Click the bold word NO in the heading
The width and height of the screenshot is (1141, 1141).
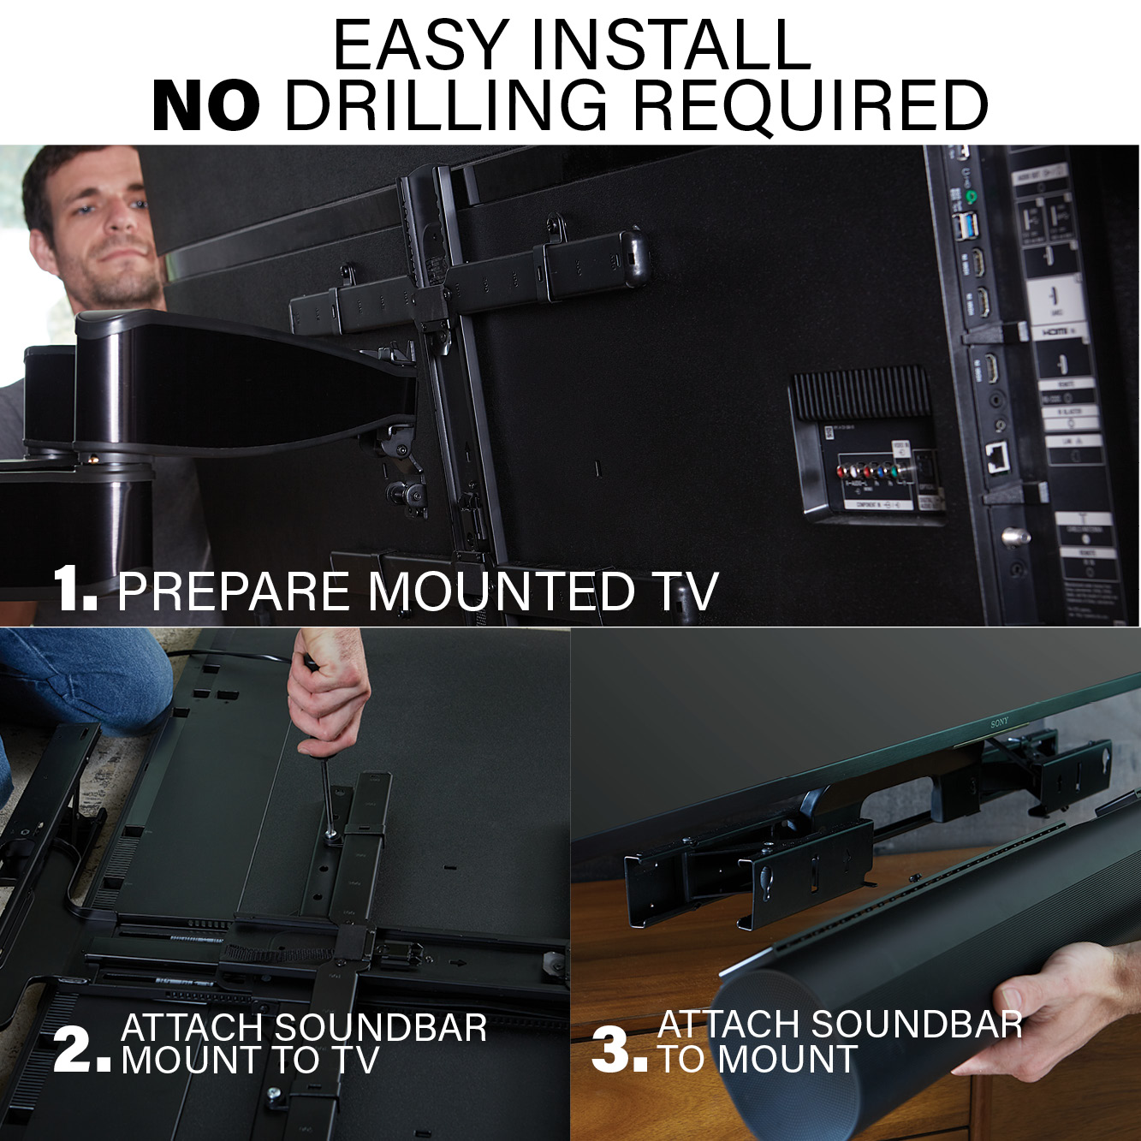pos(206,106)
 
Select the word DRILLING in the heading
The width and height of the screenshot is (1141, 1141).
pos(446,106)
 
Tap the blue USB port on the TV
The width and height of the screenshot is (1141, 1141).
pos(966,229)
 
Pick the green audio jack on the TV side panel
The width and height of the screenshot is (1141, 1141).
pos(972,197)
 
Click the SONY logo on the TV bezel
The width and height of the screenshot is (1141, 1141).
pos(999,723)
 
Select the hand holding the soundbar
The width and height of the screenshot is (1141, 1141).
pos(1053,1010)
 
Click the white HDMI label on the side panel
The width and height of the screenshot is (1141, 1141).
pos(1050,330)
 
